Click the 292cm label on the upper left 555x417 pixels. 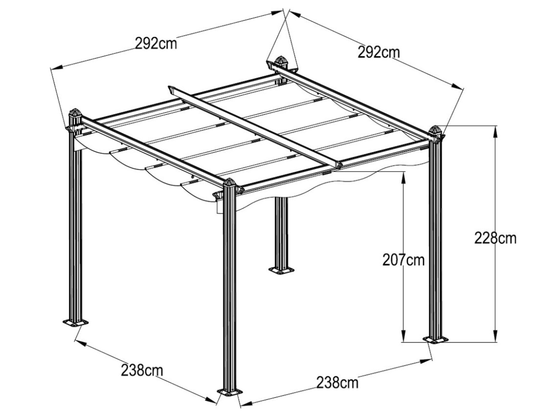(x=156, y=43)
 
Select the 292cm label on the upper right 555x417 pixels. (x=378, y=52)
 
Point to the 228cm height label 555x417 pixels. (x=495, y=237)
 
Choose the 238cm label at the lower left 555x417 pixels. (x=141, y=370)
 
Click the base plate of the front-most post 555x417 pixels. (x=230, y=393)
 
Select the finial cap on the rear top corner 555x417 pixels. (x=280, y=61)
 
